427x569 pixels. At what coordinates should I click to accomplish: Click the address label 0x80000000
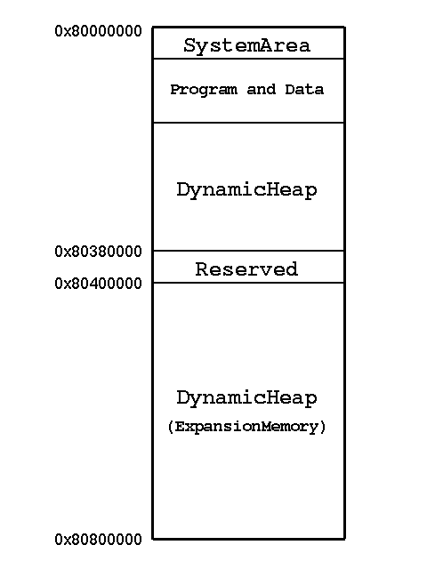98,31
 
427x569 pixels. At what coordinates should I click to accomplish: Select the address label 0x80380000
98,252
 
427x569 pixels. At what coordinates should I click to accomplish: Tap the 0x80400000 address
98,284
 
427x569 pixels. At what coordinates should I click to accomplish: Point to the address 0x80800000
98,540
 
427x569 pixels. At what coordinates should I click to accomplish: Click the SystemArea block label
247,46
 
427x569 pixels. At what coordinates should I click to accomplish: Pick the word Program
204,90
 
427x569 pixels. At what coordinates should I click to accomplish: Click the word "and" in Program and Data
261,89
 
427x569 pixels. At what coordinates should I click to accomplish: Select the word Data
304,89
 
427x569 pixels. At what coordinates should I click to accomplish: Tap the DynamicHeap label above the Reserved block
247,190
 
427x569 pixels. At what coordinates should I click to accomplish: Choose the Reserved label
247,269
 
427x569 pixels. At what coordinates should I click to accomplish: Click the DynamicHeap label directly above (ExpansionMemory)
247,398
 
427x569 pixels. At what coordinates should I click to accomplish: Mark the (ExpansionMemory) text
247,427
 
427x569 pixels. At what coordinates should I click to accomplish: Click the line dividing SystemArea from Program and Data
249,59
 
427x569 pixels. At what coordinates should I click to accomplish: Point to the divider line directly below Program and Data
249,123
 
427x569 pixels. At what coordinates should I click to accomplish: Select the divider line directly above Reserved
249,251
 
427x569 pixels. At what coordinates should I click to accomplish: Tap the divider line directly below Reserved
249,283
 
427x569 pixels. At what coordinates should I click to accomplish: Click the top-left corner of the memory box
153,27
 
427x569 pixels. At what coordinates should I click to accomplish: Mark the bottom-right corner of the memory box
344,539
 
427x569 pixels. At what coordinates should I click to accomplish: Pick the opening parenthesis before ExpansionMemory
171,427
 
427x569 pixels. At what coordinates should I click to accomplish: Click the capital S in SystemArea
189,45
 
